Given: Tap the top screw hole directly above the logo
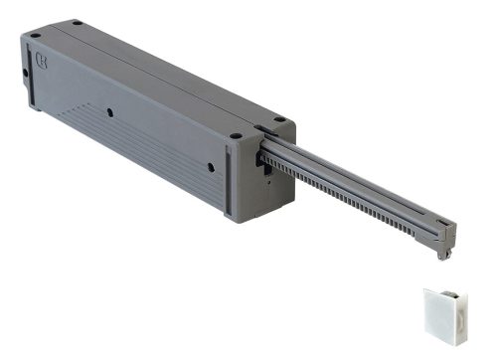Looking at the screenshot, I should click(36, 36).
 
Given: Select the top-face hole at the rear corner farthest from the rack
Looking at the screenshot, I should click(76, 22).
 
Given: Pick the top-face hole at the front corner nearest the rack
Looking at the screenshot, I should click(235, 136).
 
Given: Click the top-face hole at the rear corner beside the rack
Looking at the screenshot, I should click(278, 120).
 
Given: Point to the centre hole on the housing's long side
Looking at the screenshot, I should click(104, 109).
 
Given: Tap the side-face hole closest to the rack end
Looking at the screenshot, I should click(211, 167).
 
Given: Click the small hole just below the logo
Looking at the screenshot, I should click(27, 73).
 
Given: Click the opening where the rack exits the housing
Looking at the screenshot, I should click(265, 159).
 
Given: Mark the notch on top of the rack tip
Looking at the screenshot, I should click(443, 221).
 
